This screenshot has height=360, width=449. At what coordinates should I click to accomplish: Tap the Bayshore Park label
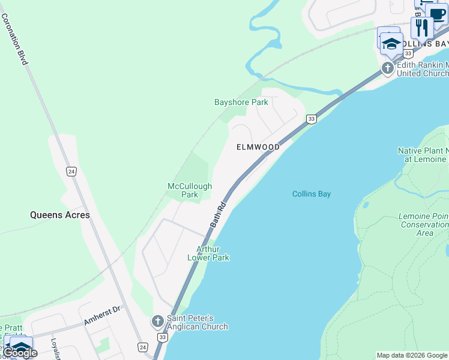[x=241, y=102]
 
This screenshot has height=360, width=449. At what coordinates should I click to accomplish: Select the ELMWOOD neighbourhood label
[x=258, y=147]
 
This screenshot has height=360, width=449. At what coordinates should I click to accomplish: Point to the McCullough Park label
[x=190, y=190]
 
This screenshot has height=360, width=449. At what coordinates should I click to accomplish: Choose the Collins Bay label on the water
[x=312, y=194]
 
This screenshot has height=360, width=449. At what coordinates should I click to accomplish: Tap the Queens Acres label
[x=60, y=215]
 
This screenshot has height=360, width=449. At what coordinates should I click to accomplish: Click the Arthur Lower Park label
[x=208, y=253]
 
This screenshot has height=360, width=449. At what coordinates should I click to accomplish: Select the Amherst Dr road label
[x=102, y=316]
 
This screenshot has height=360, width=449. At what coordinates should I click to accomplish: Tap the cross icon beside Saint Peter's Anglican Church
[x=158, y=322]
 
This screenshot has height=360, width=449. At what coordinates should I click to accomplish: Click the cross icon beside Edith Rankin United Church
[x=388, y=68]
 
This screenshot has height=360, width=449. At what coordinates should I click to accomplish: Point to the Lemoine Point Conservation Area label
[x=424, y=224]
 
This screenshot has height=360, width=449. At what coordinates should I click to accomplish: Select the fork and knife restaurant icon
[x=422, y=28]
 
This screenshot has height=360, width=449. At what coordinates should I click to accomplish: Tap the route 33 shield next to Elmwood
[x=311, y=119]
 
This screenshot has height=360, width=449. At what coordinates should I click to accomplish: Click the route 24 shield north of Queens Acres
[x=71, y=171]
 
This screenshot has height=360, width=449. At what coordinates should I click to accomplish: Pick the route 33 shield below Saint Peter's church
[x=162, y=338]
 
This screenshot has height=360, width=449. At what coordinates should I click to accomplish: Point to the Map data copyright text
[x=412, y=355]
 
